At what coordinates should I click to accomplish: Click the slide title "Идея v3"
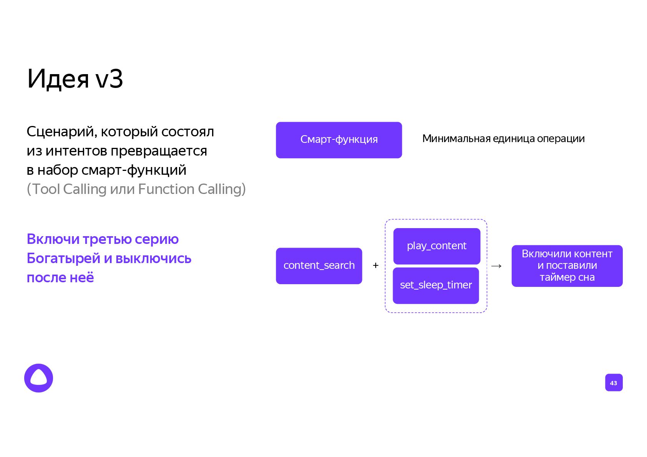click(x=75, y=79)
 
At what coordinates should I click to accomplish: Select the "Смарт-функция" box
click(x=338, y=140)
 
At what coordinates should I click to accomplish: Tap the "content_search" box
click(x=319, y=266)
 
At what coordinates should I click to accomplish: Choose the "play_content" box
click(x=436, y=246)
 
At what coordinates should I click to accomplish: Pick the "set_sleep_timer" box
click(x=436, y=285)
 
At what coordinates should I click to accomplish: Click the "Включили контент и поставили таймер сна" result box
click(x=567, y=266)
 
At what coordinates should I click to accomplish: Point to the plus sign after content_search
click(x=375, y=265)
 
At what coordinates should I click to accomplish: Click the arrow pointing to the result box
click(x=496, y=266)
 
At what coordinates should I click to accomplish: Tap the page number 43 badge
click(x=613, y=382)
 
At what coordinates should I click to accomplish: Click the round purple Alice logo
click(x=38, y=378)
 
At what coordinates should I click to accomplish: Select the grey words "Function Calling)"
click(x=192, y=189)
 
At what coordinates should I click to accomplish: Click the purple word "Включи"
click(x=53, y=239)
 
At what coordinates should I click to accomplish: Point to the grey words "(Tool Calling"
click(x=66, y=189)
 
